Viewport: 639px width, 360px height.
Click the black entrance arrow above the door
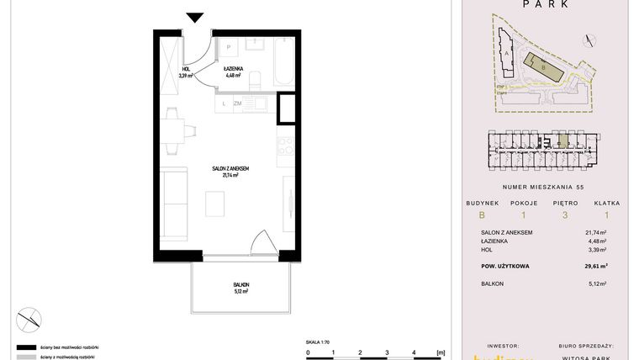point(196,16)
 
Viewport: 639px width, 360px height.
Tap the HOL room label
point(186,71)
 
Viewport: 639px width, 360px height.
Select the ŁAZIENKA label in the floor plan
point(233,71)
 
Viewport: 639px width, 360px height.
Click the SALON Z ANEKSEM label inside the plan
point(230,171)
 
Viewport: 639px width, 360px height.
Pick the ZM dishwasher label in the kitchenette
point(238,103)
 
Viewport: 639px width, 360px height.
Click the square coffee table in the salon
point(216,203)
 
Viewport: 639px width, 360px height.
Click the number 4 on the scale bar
point(413,353)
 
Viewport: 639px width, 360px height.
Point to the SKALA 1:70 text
point(319,341)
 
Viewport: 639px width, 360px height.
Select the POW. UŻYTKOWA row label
point(504,267)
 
